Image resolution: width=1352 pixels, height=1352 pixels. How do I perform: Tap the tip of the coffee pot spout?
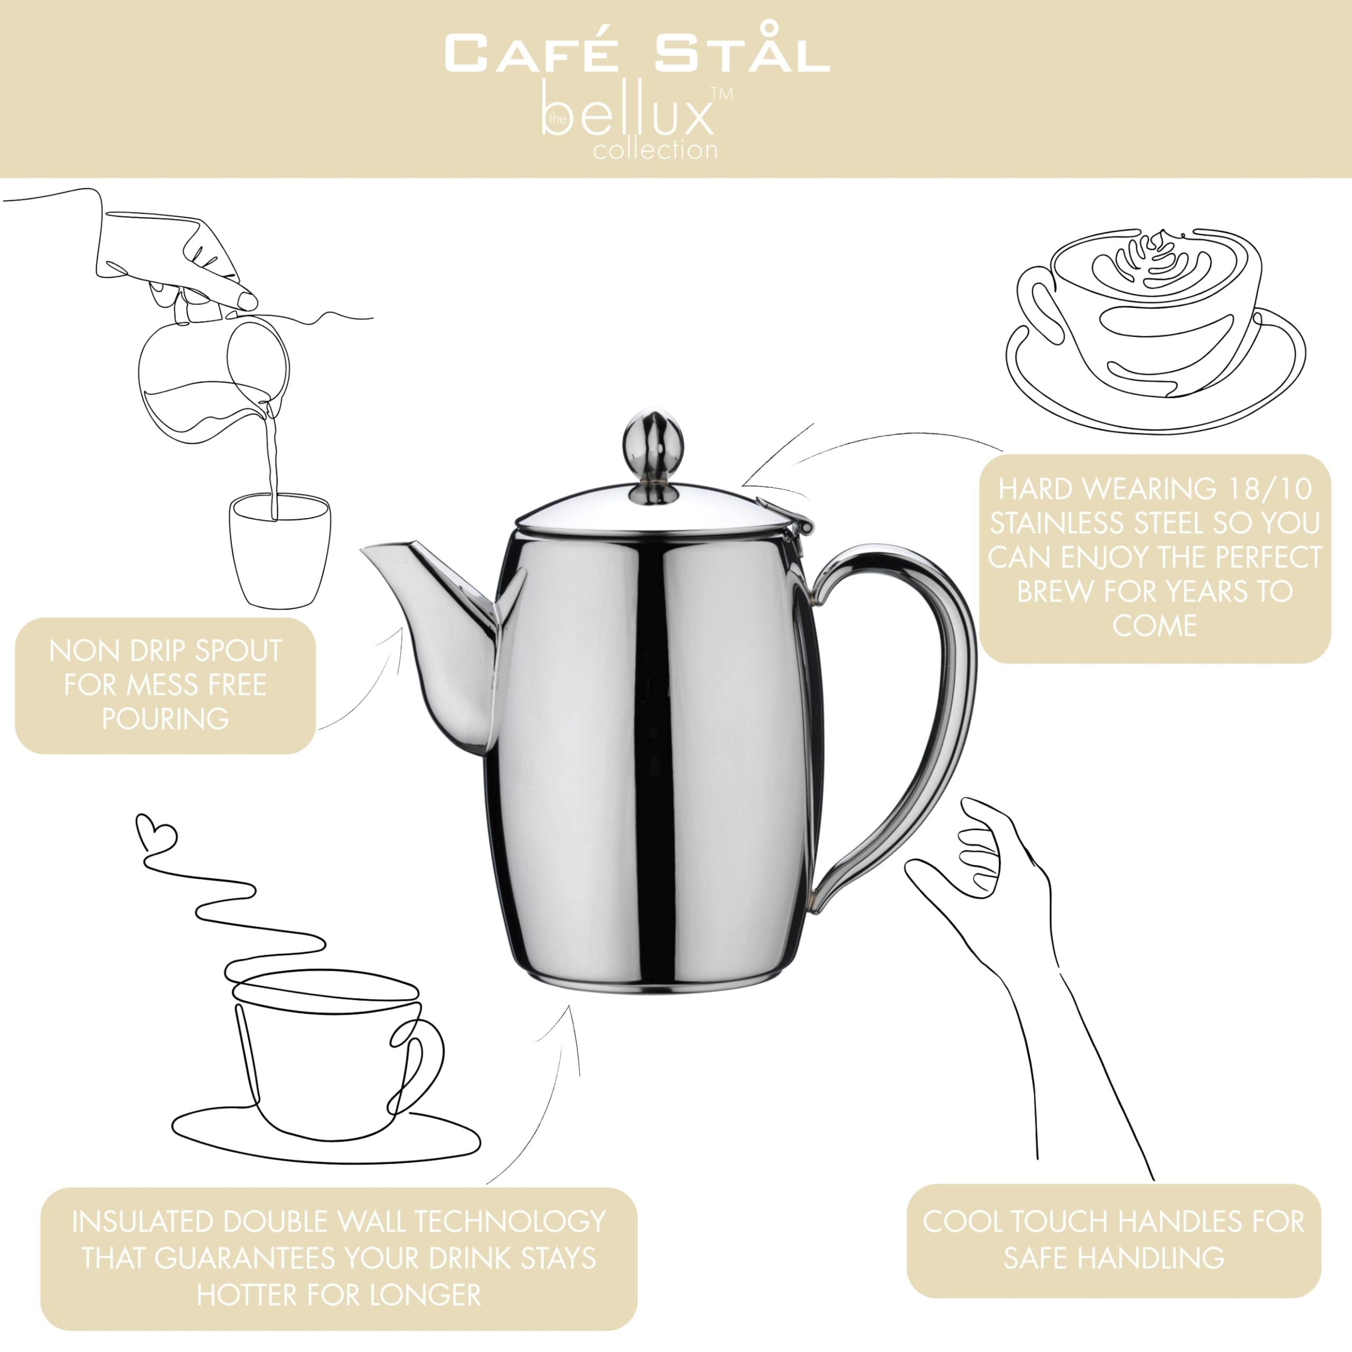[x=362, y=550]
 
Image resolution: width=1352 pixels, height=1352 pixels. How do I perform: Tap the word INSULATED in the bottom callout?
[x=142, y=1222]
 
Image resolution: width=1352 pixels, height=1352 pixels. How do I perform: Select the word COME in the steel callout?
[x=1154, y=625]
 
